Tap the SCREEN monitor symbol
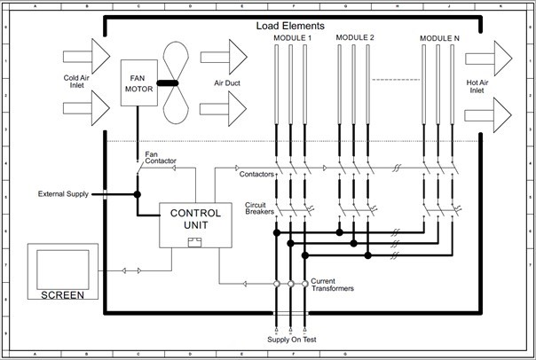click(62, 271)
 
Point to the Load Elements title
click(290, 26)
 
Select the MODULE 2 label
click(355, 38)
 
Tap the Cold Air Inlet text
click(77, 81)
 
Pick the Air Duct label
click(228, 82)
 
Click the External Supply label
click(63, 193)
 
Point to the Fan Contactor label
click(161, 158)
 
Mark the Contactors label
click(256, 175)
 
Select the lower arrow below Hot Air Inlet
click(488, 113)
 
